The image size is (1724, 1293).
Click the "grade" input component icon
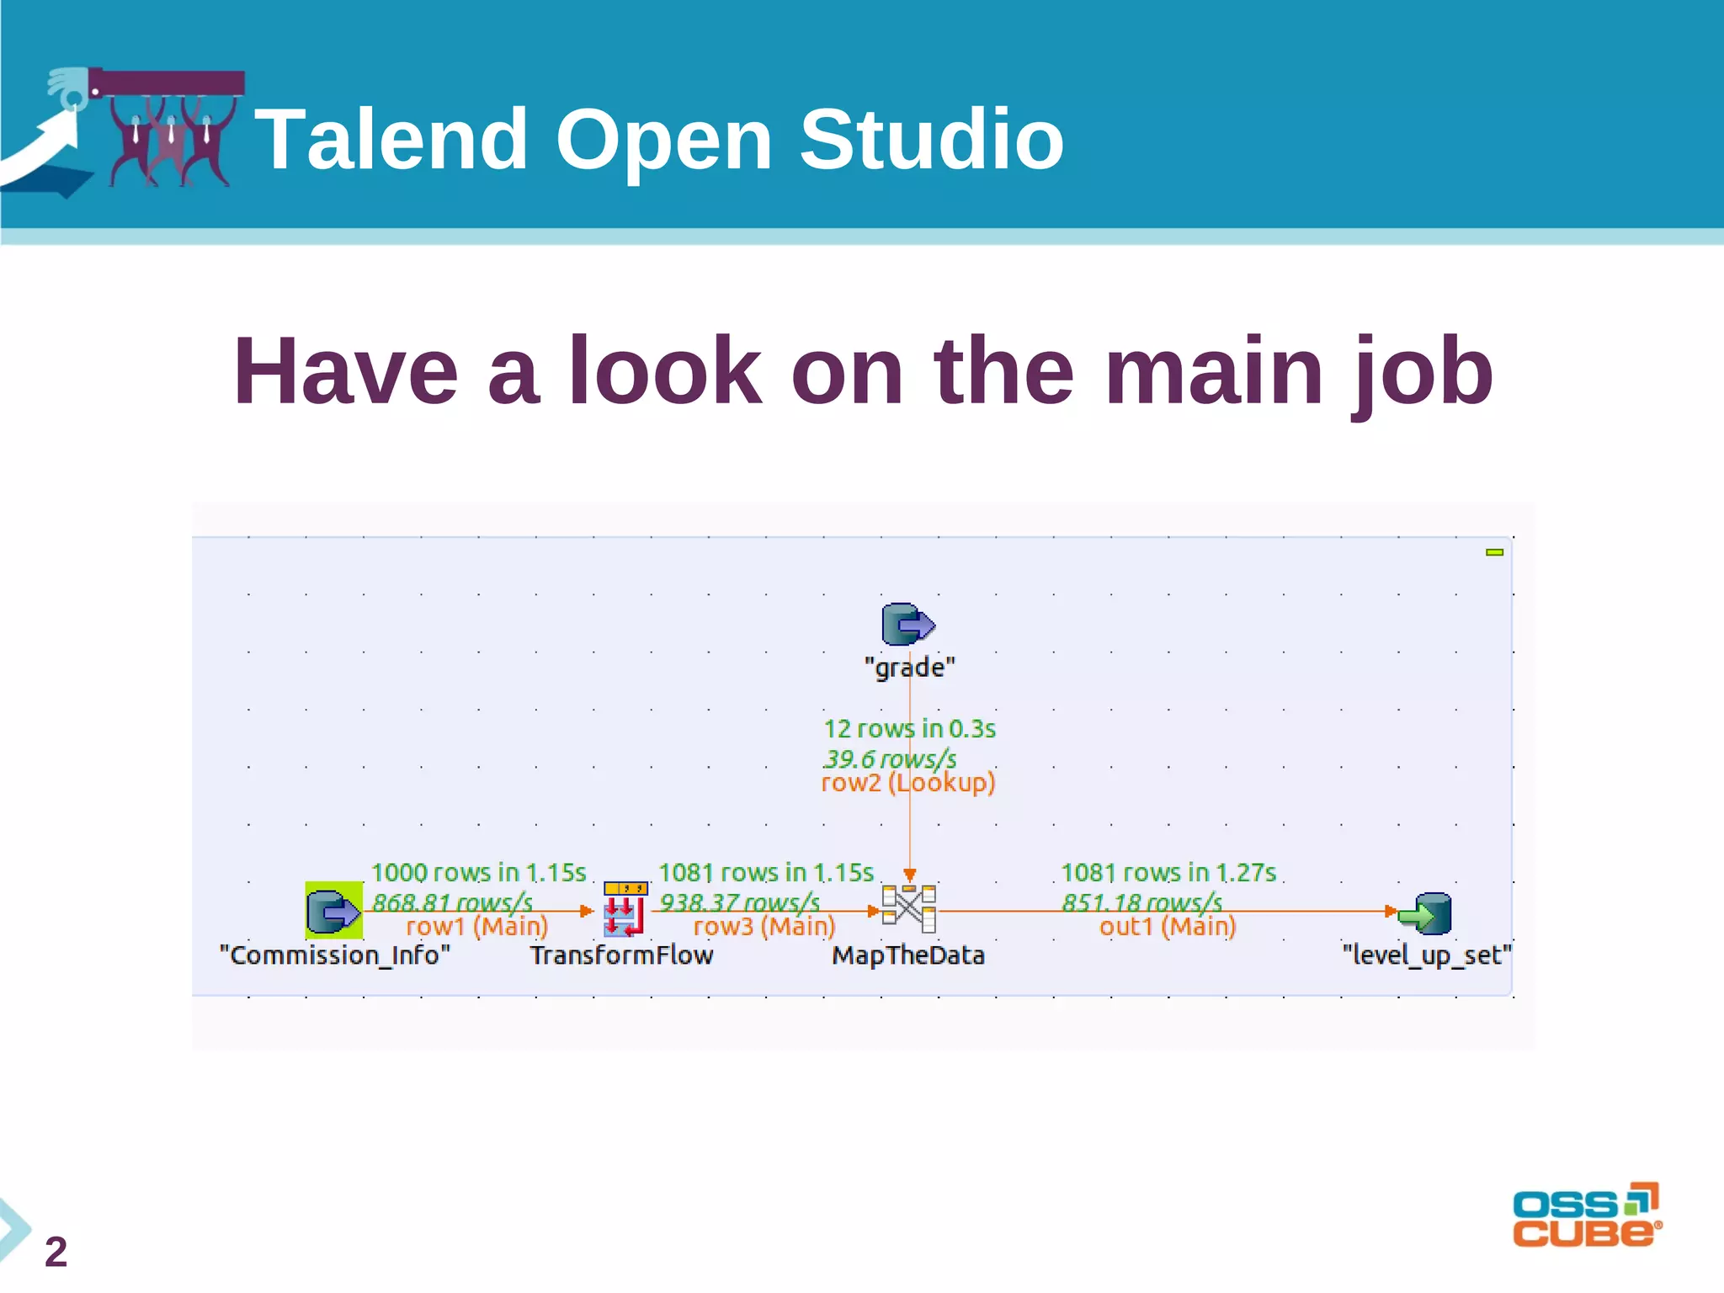(907, 625)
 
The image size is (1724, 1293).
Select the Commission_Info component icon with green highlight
(333, 910)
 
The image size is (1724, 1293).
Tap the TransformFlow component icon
(625, 909)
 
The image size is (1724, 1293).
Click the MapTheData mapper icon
(909, 908)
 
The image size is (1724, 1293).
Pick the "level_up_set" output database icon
(1426, 913)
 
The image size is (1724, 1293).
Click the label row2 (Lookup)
(908, 783)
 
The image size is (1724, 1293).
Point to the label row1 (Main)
(476, 927)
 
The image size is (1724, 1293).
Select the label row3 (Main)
(764, 927)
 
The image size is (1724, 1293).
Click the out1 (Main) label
(1168, 927)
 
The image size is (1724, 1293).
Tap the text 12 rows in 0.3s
(909, 729)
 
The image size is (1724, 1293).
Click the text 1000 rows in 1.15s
(478, 873)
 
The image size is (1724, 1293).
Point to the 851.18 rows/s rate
(1141, 902)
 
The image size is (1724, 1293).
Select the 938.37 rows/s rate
(739, 902)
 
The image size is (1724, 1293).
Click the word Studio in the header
(931, 140)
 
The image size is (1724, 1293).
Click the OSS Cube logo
(1586, 1216)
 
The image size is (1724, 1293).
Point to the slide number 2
(56, 1252)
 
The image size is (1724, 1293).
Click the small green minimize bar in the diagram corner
(1494, 552)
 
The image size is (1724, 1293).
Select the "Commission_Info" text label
(335, 955)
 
